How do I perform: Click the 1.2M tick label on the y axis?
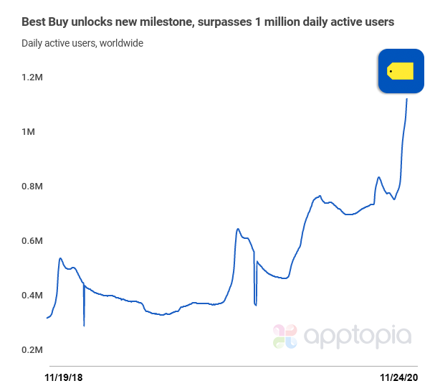pos(32,77)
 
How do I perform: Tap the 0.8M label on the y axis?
pos(32,186)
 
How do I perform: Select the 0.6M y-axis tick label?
pos(32,240)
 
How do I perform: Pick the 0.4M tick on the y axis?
pos(32,295)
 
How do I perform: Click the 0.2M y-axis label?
pos(32,349)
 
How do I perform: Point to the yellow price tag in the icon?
pos(401,70)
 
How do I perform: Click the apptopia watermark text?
pos(358,335)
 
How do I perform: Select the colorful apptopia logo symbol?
pos(285,336)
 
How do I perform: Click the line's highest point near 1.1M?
pos(407,99)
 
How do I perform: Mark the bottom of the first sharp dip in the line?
pos(84,325)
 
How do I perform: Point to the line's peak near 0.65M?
pos(238,229)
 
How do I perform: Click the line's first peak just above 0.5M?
pos(60,258)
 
